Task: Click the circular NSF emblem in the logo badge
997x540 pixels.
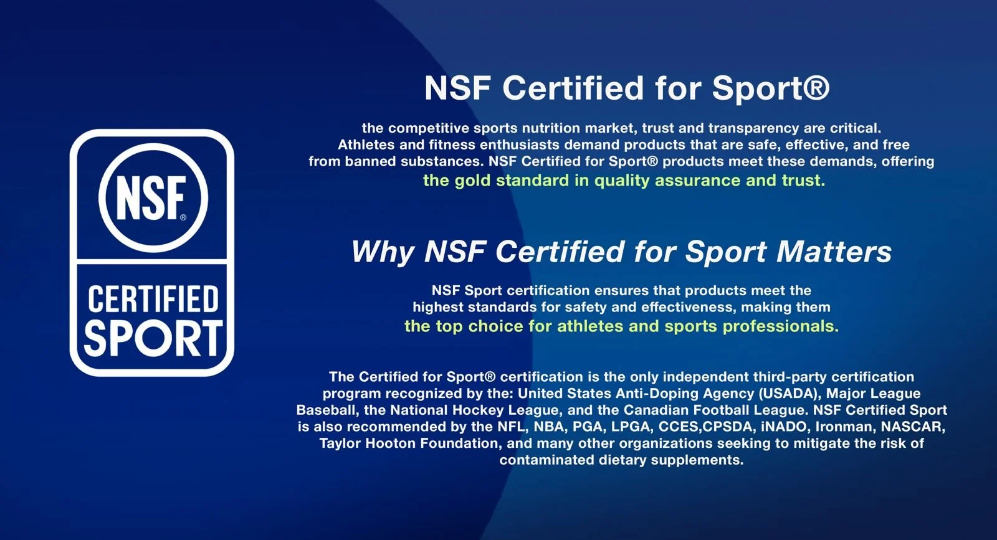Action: (x=152, y=197)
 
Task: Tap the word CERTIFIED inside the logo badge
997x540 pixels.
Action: (x=153, y=299)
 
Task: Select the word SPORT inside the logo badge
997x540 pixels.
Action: (x=153, y=338)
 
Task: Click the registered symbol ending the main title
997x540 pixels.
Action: (x=816, y=87)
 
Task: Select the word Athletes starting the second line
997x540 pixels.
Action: (x=366, y=145)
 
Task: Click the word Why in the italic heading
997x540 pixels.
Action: (x=382, y=252)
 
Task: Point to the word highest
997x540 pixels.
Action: (x=437, y=307)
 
